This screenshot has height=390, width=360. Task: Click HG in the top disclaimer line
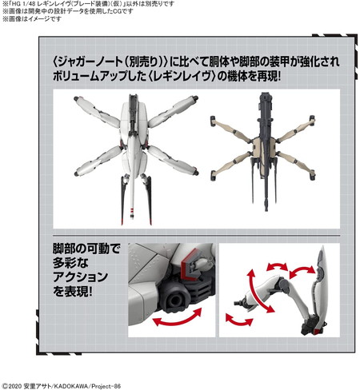(15, 4)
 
